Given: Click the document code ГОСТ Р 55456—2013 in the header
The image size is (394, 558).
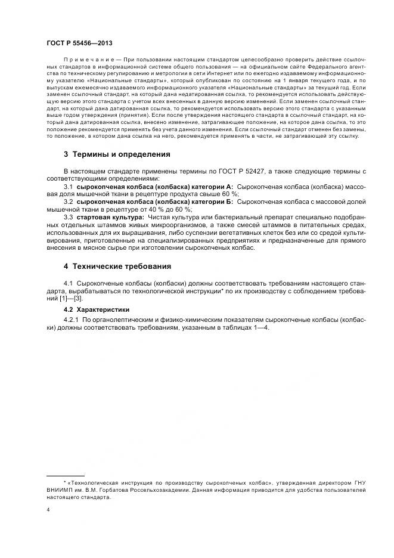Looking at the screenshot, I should [x=79, y=44].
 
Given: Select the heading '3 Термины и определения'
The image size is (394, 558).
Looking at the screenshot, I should [x=117, y=154].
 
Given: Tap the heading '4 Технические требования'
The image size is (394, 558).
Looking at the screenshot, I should [x=117, y=266].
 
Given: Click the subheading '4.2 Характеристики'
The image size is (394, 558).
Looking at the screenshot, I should [x=97, y=309].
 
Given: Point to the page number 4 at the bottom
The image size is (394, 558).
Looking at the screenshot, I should [x=48, y=510].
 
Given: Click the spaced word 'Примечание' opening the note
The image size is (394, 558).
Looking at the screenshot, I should [x=87, y=60].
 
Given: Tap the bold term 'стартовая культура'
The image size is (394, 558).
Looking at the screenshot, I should [x=109, y=218].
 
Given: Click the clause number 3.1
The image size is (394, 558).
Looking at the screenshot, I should [x=67, y=187].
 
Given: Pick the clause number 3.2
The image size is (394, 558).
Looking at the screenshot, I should [x=67, y=202].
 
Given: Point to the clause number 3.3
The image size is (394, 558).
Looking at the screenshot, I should [x=67, y=218].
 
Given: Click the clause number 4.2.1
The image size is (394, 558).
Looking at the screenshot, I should [x=70, y=320].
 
